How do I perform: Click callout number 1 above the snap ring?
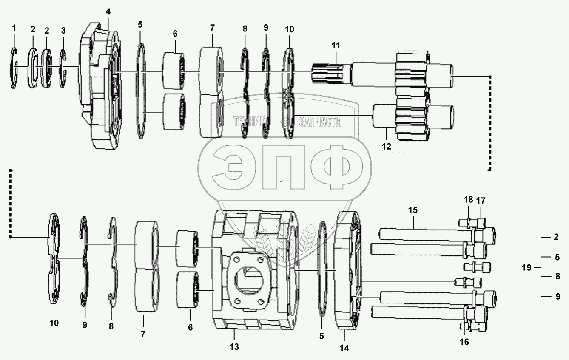coord(14,28)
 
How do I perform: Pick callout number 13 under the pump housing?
coord(234,347)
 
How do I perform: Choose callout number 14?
coord(344,348)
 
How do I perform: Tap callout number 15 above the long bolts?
coord(413,210)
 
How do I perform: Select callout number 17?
coord(481,200)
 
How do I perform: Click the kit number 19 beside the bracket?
coord(526,268)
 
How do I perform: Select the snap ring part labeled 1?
coord(14,68)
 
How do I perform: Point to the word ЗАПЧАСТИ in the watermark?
coord(320,122)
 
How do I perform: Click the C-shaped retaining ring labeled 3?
coord(63,68)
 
